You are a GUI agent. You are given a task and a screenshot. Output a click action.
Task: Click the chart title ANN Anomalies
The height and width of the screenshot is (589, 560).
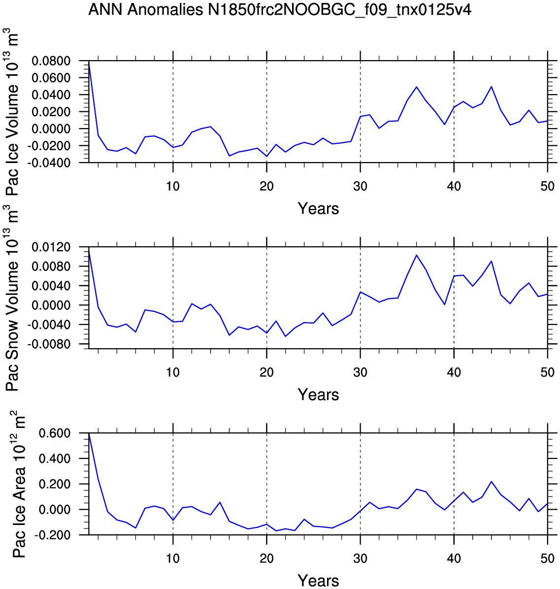click(145, 10)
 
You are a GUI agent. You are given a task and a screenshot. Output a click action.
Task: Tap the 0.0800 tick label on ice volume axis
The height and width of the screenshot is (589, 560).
click(51, 61)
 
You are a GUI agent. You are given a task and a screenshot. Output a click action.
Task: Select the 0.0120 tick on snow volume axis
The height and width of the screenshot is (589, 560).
click(51, 247)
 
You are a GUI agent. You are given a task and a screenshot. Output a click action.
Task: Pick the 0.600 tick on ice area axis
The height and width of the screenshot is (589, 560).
click(55, 433)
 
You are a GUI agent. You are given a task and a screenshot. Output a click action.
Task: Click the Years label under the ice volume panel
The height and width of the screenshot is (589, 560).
click(319, 208)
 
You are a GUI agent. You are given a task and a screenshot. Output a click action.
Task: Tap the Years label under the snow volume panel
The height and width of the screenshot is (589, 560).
click(319, 395)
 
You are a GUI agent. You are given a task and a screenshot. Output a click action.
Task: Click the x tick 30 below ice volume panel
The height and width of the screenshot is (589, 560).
click(360, 186)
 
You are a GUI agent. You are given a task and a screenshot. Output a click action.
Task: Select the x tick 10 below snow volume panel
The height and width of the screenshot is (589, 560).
click(173, 372)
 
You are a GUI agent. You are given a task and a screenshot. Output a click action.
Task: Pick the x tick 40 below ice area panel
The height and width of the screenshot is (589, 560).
click(454, 558)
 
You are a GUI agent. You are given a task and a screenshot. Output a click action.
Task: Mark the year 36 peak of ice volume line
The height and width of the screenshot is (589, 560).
click(417, 87)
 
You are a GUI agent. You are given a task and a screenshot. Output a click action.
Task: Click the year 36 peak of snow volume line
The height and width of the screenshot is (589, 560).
click(417, 256)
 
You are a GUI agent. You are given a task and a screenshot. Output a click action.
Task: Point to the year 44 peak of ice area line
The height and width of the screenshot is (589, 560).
click(491, 482)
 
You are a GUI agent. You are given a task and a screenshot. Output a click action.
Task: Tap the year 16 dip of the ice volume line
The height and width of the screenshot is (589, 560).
click(229, 156)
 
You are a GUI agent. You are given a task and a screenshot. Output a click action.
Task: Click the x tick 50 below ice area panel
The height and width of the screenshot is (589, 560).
click(548, 558)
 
